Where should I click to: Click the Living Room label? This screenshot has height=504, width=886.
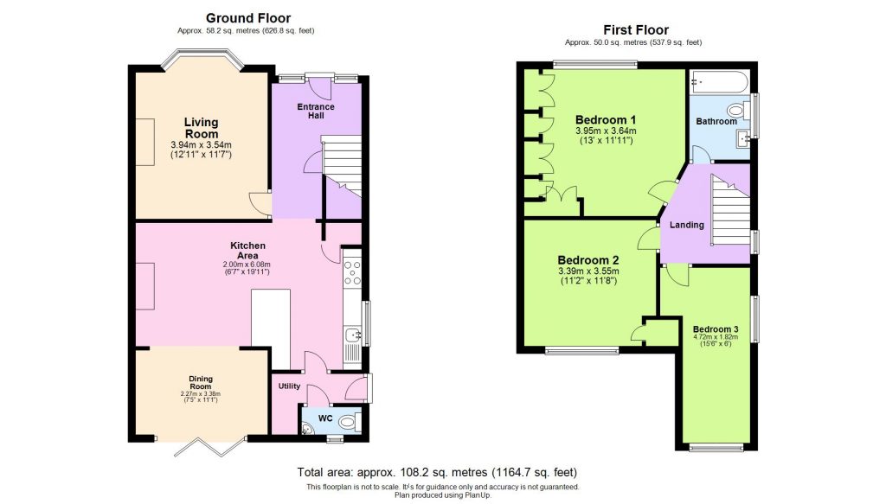pos(201,128)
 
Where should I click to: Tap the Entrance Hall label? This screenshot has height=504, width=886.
pos(315,112)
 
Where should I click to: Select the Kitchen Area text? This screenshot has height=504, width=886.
pos(247,251)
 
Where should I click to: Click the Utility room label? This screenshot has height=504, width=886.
pos(288,386)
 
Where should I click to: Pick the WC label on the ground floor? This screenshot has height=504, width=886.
pos(326,419)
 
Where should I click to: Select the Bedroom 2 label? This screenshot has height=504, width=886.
pos(587,259)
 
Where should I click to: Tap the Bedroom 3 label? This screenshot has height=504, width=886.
pos(716,329)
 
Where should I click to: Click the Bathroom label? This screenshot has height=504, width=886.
pos(716,122)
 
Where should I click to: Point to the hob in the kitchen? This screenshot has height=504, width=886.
pos(352,272)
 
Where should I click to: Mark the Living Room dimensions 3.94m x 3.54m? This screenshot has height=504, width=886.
pos(201,144)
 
